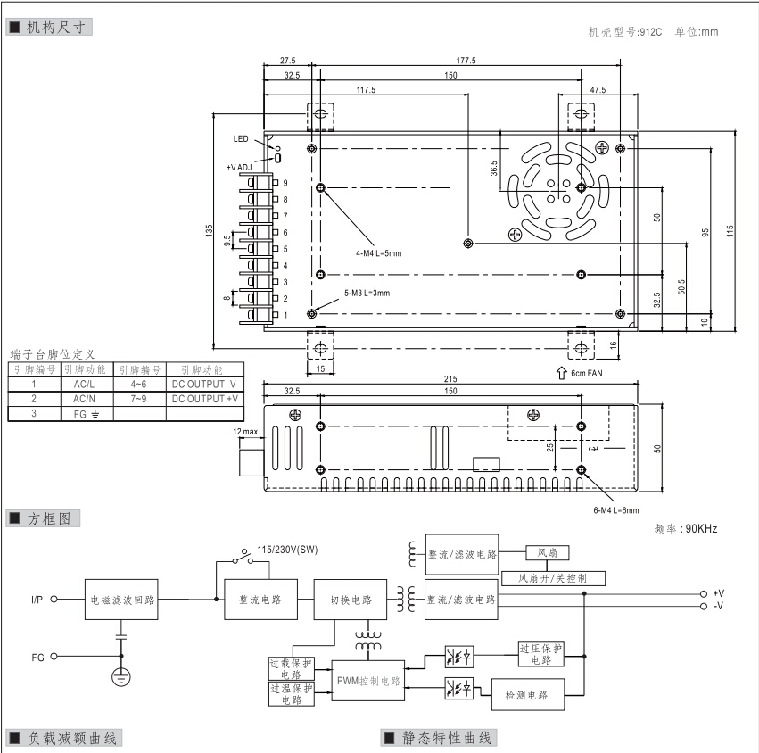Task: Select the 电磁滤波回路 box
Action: click(121, 600)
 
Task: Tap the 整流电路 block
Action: click(260, 600)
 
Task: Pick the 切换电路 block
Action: click(350, 600)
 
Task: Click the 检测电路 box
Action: click(526, 693)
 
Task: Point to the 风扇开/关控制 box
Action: click(554, 578)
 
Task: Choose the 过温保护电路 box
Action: click(291, 694)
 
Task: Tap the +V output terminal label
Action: click(718, 593)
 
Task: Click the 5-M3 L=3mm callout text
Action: click(367, 293)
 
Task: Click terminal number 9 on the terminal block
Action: click(285, 183)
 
